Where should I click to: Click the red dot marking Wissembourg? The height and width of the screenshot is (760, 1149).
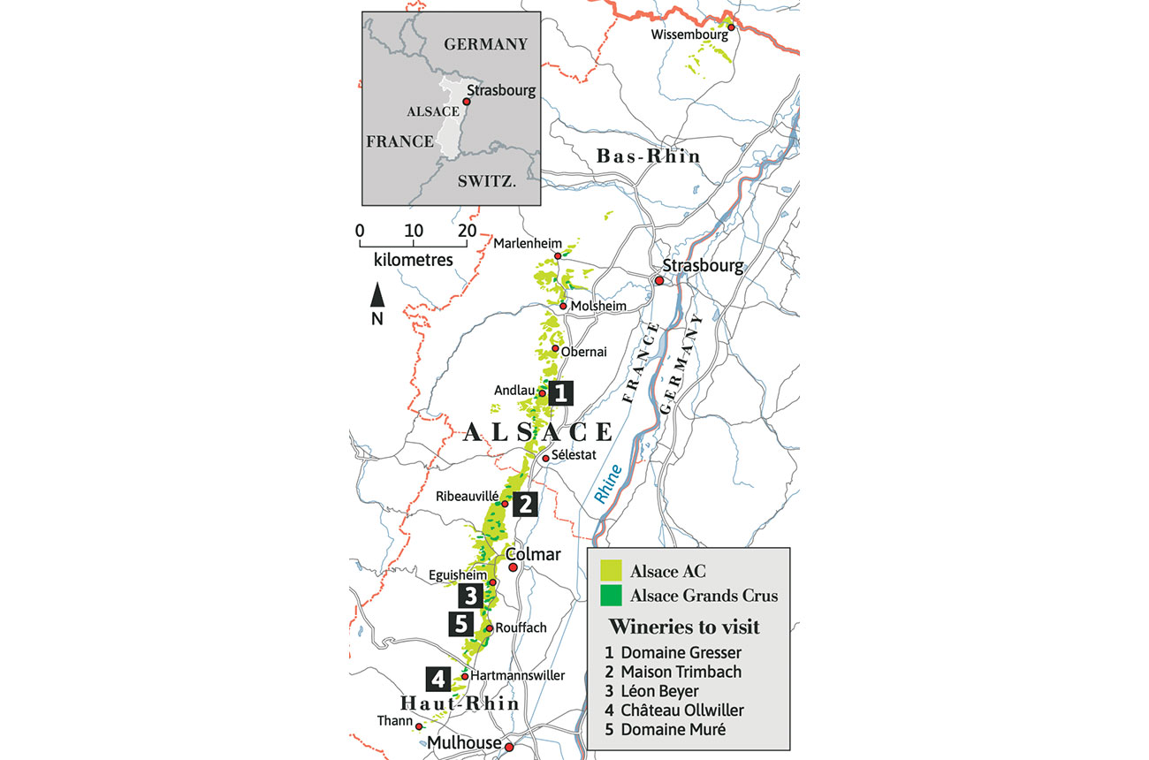pyautogui.click(x=731, y=27)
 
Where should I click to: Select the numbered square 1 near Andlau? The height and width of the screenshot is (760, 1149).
pyautogui.click(x=560, y=393)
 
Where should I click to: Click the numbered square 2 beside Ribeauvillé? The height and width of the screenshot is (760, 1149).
pyautogui.click(x=524, y=505)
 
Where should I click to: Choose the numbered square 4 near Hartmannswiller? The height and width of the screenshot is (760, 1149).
pyautogui.click(x=438, y=679)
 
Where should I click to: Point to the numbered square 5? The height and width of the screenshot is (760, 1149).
pyautogui.click(x=460, y=623)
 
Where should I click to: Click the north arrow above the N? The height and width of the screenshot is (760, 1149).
pyautogui.click(x=377, y=294)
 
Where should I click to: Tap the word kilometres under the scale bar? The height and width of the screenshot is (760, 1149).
pyautogui.click(x=413, y=261)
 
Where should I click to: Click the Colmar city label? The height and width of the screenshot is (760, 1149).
pyautogui.click(x=533, y=554)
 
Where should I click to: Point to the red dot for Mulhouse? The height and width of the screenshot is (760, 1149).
pyautogui.click(x=509, y=748)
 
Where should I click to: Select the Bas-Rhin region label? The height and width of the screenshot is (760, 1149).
pyautogui.click(x=648, y=156)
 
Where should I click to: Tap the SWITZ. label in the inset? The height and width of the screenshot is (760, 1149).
pyautogui.click(x=486, y=181)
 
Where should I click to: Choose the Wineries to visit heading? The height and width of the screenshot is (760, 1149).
pyautogui.click(x=684, y=627)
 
